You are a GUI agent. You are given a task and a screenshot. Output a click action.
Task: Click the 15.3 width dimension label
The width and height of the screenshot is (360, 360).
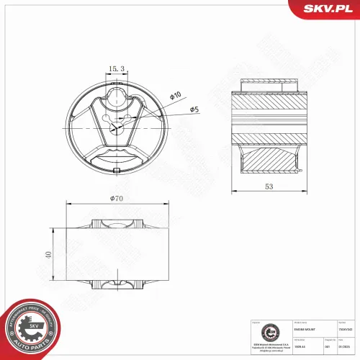117,68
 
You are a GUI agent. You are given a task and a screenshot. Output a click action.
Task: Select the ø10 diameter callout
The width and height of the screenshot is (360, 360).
175,96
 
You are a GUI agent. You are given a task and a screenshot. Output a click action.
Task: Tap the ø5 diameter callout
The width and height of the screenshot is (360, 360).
194,109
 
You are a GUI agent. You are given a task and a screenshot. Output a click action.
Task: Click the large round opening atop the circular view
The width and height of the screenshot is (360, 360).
117,98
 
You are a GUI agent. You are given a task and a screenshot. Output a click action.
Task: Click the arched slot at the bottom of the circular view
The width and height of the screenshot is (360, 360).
117,157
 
